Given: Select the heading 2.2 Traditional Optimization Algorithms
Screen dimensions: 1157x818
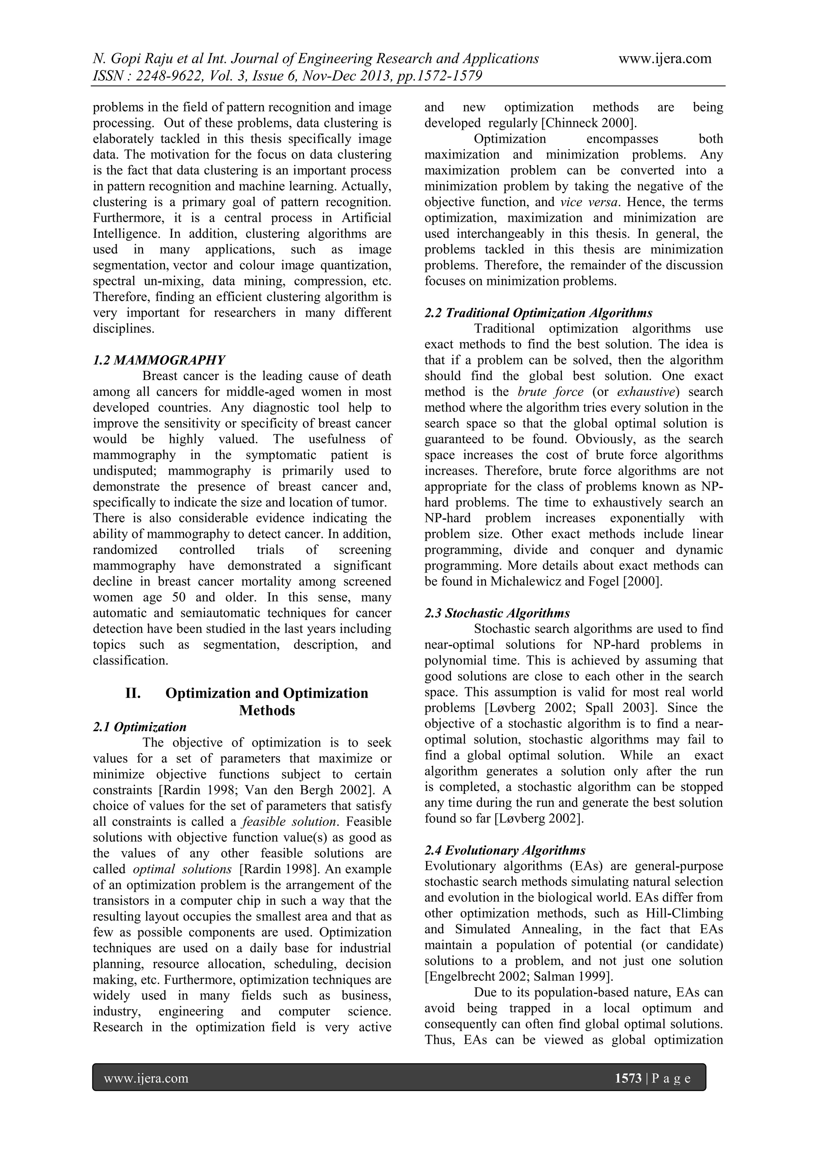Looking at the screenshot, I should [x=538, y=313].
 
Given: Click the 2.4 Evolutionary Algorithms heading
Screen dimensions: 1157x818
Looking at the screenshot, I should [x=505, y=851].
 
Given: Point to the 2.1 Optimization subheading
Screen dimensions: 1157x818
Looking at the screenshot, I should [x=139, y=727].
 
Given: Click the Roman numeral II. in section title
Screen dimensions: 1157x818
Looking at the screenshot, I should [x=133, y=694].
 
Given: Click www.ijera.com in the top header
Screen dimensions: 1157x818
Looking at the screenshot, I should [x=665, y=59].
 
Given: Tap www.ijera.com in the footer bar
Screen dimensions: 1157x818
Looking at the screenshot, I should [x=146, y=1078].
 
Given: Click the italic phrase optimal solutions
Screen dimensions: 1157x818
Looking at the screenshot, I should [x=182, y=869].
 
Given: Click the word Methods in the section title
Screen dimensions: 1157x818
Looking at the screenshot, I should [x=267, y=710].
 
